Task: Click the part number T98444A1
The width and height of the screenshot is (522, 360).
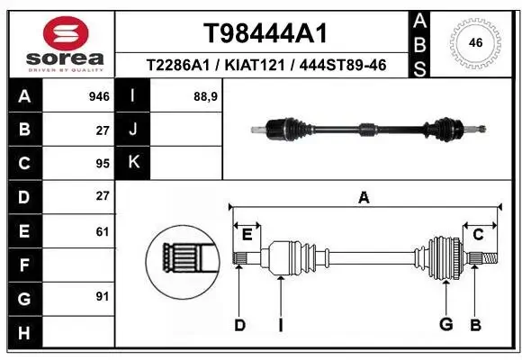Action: (x=264, y=33)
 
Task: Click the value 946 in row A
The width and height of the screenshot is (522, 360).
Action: (x=99, y=95)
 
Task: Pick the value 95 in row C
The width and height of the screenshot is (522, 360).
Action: (x=102, y=163)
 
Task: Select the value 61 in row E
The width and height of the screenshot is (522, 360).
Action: (x=102, y=231)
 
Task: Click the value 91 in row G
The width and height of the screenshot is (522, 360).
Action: (x=102, y=296)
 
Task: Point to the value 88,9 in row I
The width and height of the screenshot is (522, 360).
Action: (x=206, y=95)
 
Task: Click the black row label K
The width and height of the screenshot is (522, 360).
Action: (x=134, y=162)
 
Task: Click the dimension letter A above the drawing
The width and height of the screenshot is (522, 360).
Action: (x=364, y=197)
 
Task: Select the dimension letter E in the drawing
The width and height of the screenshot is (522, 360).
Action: (x=247, y=235)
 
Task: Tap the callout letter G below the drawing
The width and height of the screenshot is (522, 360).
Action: (x=444, y=325)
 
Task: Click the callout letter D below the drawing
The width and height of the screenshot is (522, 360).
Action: (x=239, y=325)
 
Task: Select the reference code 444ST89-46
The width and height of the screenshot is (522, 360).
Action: (x=346, y=65)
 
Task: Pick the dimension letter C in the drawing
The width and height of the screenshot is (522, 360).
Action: (x=478, y=235)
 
